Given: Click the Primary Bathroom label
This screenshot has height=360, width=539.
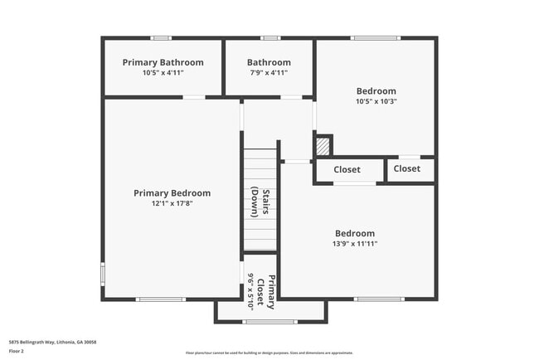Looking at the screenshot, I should click(x=163, y=62).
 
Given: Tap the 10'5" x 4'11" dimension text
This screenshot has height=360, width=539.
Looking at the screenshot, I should click(x=163, y=73).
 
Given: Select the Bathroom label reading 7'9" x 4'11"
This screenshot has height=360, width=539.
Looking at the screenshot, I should click(x=269, y=62).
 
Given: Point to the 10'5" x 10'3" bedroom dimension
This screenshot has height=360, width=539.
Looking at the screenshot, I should click(x=376, y=102).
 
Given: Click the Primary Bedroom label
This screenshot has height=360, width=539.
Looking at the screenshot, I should click(x=172, y=193).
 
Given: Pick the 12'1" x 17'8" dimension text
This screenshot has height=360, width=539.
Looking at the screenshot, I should click(x=172, y=204).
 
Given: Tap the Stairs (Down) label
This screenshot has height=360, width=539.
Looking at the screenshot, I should click(x=260, y=202).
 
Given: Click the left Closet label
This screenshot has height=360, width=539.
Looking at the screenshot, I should click(x=347, y=170).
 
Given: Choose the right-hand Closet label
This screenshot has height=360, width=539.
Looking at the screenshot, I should click(x=406, y=168).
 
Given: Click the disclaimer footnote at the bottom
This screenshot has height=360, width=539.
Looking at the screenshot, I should click(x=269, y=353).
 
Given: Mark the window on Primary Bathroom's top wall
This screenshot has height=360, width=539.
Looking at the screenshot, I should click(x=161, y=38).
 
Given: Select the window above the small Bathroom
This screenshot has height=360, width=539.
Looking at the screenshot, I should click(x=269, y=38).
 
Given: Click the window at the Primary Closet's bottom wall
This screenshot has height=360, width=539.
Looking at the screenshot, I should click(x=269, y=322).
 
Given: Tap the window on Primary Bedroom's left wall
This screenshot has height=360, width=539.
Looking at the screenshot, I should click(x=103, y=273).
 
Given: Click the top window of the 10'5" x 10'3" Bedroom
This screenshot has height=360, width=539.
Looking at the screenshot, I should click(x=376, y=38).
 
